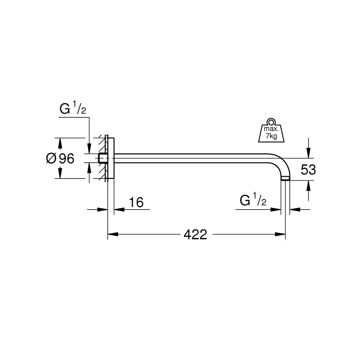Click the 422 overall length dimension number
point(195,235)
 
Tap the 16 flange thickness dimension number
point(136,203)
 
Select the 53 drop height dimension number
point(308,170)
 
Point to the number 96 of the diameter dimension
point(66,158)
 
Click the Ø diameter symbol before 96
point(51,158)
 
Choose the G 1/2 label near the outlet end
point(253,201)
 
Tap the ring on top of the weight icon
point(270,121)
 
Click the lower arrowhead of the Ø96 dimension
point(60,174)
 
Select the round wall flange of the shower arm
point(111,158)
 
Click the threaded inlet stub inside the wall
point(102,158)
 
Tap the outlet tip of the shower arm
point(285,178)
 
